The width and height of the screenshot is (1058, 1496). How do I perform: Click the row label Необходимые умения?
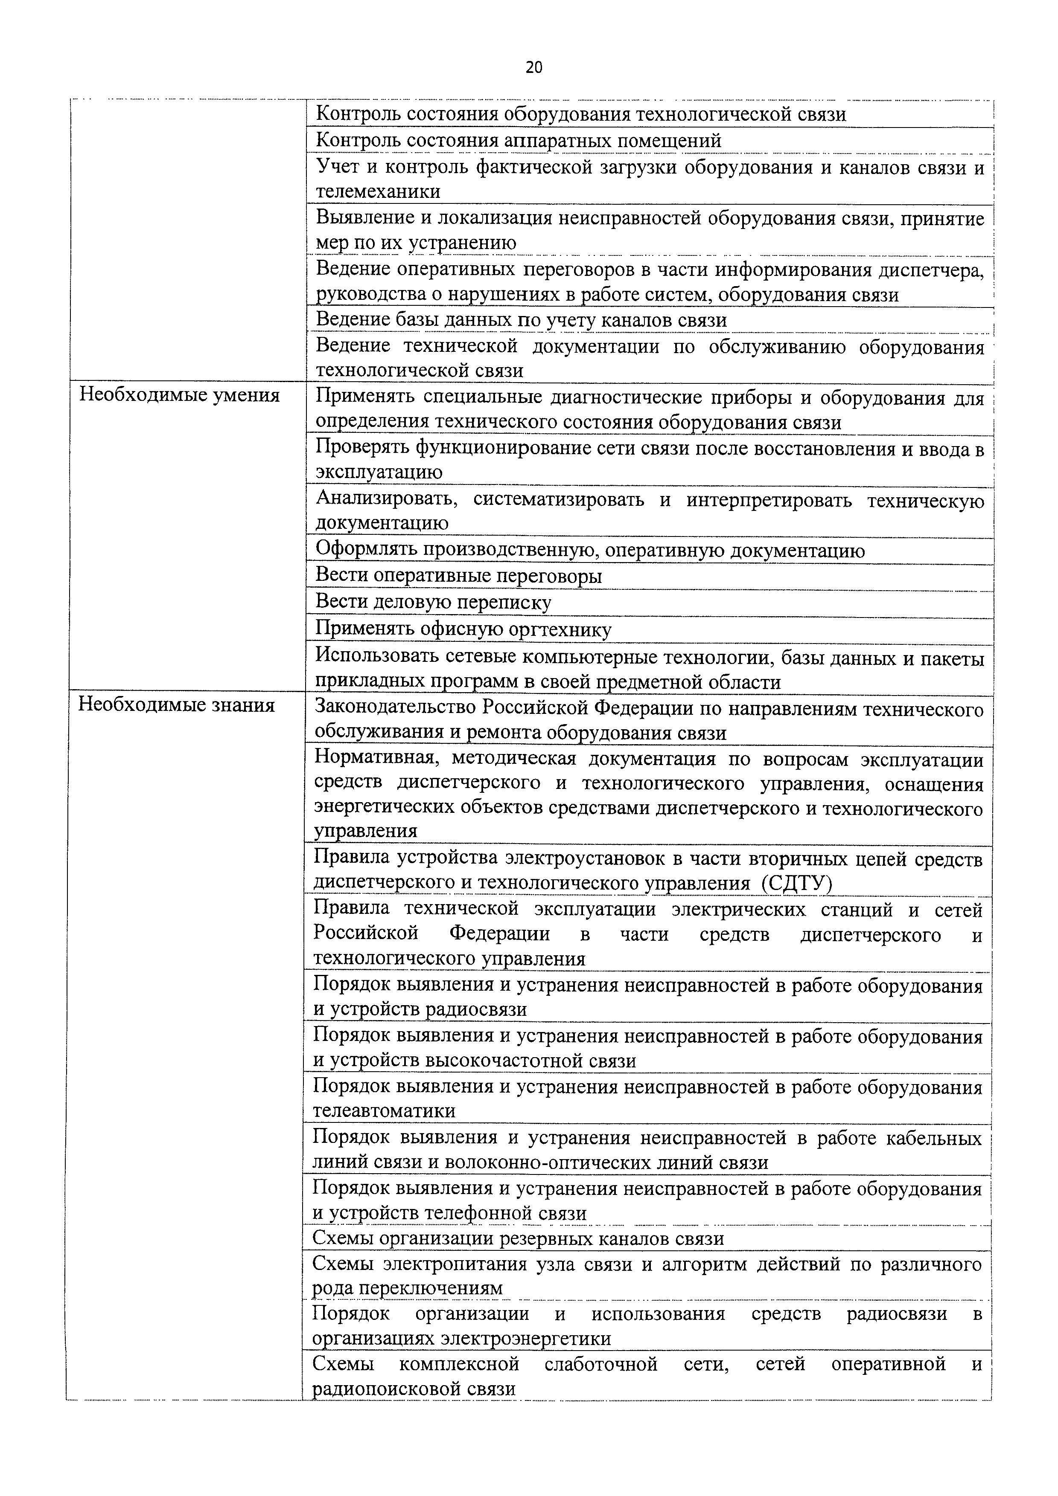pyautogui.click(x=179, y=395)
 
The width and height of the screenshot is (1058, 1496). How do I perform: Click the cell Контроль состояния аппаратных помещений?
pyautogui.click(x=518, y=141)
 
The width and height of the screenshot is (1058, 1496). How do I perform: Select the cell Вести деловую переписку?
pyautogui.click(x=434, y=602)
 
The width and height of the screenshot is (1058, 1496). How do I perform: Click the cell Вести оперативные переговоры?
pyautogui.click(x=459, y=576)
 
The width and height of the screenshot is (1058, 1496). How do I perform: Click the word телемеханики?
pyautogui.click(x=378, y=191)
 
